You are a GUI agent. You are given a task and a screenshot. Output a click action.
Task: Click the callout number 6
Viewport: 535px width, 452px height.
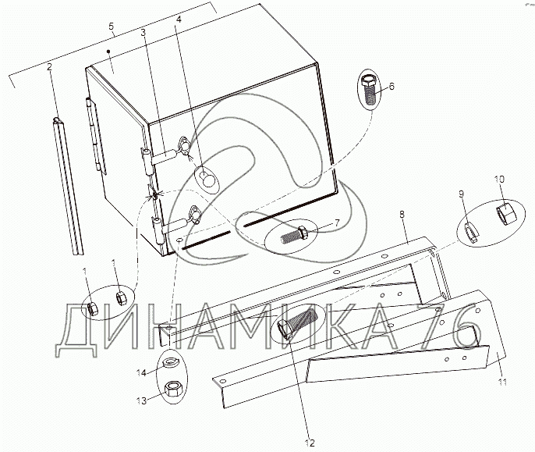[392, 86]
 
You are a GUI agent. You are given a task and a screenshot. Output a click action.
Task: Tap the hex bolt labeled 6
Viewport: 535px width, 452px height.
[368, 90]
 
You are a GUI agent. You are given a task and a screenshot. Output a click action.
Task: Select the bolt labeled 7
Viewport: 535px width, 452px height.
[294, 235]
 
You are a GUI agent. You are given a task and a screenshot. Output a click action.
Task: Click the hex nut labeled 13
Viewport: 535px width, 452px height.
[174, 389]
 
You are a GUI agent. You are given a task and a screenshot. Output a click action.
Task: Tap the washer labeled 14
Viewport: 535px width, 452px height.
[169, 361]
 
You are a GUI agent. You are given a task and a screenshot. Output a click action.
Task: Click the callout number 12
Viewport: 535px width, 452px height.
[310, 443]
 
